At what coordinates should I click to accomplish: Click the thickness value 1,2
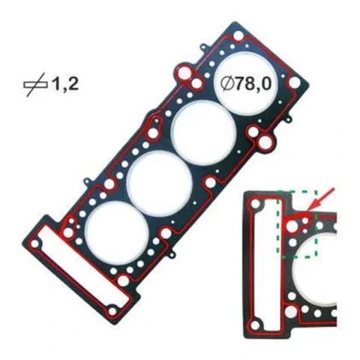click(65, 84)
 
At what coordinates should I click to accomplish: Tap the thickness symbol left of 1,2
click(35, 85)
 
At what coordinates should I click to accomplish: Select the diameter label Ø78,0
click(246, 84)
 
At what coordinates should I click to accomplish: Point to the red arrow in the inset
click(321, 199)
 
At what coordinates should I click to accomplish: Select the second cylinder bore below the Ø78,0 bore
click(160, 184)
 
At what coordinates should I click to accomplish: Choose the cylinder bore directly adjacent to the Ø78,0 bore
click(204, 134)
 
